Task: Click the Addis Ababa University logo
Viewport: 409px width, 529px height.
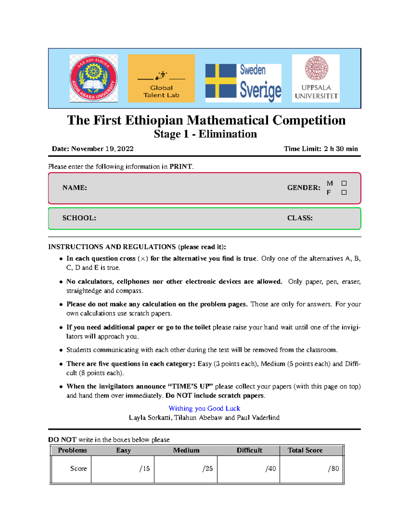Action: coord(94,78)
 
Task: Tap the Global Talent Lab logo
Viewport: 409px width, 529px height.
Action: coord(161,78)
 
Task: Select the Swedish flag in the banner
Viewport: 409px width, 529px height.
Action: coord(221,81)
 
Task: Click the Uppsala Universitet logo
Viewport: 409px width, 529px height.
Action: coord(316,78)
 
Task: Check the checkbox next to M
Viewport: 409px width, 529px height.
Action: coord(344,183)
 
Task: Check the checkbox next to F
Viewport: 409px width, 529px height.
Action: coord(344,192)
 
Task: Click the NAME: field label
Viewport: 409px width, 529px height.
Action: coord(75,188)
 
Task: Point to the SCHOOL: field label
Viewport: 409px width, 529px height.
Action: coord(79,218)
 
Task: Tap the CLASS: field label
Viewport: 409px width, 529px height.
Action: coord(300,218)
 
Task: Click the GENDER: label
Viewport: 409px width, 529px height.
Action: coord(304,188)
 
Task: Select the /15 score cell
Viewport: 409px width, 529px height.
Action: coord(145,469)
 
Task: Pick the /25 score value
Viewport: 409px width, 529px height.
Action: coord(208,469)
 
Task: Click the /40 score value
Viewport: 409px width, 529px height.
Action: coord(271,469)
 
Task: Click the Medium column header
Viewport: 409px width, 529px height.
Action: coord(186,450)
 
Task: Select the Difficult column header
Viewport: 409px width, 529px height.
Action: coord(249,450)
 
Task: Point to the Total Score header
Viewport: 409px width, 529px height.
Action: coord(305,450)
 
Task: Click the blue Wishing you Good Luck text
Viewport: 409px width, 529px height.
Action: coord(204,408)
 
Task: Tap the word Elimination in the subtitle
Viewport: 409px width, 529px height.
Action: coord(228,134)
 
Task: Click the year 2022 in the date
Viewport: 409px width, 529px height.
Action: coord(125,149)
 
